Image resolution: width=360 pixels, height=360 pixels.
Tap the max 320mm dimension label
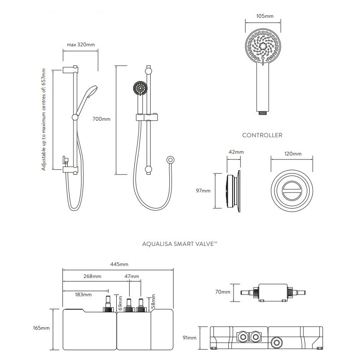tap(81, 45)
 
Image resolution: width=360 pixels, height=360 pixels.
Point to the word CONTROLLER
tap(262, 135)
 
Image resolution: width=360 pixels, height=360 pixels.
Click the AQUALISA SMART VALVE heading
tap(180, 244)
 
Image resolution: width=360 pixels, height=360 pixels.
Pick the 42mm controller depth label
tap(236, 152)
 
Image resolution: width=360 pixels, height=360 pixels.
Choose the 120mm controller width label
tap(292, 154)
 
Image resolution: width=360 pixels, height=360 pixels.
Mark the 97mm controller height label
tap(203, 191)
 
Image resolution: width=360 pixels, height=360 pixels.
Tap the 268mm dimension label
tap(92, 276)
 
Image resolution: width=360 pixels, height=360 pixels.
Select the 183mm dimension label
tap(83, 294)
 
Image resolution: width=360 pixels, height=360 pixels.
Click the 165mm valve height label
tap(42, 328)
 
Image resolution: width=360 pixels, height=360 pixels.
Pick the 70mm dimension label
tap(223, 292)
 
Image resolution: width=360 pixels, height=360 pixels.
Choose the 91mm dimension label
tap(189, 338)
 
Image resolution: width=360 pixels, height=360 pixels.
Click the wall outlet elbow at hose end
tap(170, 160)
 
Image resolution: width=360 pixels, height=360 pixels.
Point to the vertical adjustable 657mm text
tap(44, 119)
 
